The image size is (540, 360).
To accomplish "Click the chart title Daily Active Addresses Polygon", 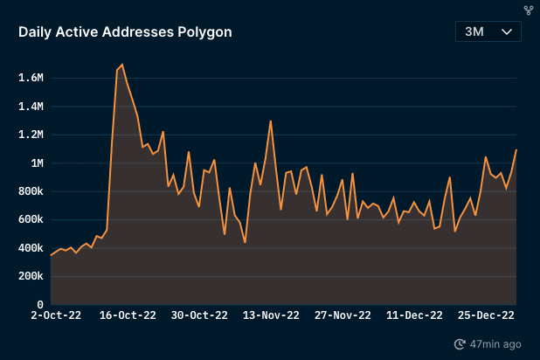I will (125, 32).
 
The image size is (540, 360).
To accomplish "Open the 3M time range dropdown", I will (488, 31).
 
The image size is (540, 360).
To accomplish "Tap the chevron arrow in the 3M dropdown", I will (507, 31).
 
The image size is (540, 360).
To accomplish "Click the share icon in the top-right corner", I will (528, 10).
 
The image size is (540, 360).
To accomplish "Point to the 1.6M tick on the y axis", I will (31, 78).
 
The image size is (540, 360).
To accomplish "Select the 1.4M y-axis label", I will (31, 107).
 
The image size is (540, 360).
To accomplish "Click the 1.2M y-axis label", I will (31, 135).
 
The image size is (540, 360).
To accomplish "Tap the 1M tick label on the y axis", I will (36, 163).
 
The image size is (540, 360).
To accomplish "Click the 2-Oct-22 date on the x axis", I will (55, 315).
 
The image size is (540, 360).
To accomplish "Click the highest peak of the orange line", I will (121, 65).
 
